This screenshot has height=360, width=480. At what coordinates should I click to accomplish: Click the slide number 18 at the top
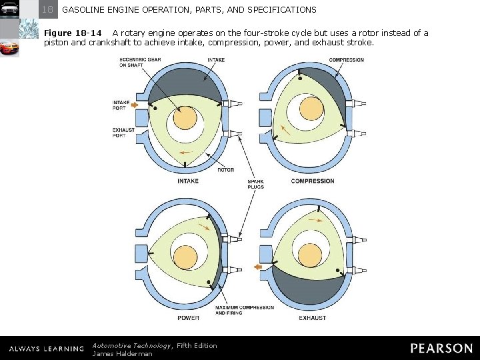tap(47, 10)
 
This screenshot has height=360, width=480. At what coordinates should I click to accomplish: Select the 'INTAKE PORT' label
tap(120, 105)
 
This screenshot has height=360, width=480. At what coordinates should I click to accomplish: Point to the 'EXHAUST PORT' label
tap(123, 132)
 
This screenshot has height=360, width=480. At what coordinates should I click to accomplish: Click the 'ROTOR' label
tap(225, 170)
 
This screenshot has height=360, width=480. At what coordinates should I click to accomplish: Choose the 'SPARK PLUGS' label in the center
tap(255, 184)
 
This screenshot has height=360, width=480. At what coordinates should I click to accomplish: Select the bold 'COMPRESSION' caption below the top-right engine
tap(313, 181)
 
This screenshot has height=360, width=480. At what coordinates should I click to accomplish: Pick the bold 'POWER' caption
tap(188, 318)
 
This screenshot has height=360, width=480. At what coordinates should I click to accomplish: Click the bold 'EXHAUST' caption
tap(312, 318)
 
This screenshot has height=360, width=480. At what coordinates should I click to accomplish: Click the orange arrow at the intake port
tap(135, 105)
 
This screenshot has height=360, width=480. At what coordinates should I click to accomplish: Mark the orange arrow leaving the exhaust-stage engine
tap(259, 267)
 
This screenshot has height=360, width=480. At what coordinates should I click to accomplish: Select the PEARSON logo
tap(441, 348)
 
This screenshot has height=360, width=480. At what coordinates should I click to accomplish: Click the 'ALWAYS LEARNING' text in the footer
tap(46, 349)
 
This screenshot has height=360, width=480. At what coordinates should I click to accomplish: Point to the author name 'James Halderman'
tap(122, 353)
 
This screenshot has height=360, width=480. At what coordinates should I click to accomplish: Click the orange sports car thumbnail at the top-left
tap(9, 49)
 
